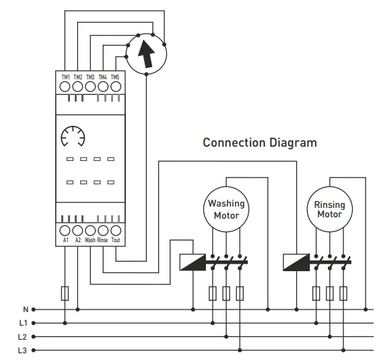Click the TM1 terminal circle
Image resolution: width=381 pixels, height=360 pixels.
(65, 87)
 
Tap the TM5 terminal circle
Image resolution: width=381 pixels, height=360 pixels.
(116, 87)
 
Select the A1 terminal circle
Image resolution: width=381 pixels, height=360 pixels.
(65, 231)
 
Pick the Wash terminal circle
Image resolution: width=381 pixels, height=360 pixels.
(90, 231)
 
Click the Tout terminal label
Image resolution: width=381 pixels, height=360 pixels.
(116, 240)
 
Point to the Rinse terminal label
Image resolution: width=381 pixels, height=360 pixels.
(102, 240)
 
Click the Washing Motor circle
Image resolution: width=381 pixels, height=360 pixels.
(226, 209)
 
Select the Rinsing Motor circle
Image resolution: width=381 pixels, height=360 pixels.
(330, 209)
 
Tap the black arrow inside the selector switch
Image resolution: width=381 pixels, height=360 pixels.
(147, 54)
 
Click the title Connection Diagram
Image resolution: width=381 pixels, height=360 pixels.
(260, 143)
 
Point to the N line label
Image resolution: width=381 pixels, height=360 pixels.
(26, 310)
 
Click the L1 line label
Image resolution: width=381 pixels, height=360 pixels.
(23, 323)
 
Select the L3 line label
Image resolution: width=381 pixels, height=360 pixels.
(22, 351)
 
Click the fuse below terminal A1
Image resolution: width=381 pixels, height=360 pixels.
(65, 293)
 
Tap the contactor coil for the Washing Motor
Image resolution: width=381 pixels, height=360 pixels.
(193, 262)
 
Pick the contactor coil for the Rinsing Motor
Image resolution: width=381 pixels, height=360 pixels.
(296, 262)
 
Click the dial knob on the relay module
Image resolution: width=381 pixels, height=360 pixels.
(73, 137)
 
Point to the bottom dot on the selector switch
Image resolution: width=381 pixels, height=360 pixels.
(146, 74)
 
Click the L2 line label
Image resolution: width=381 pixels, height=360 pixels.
(22, 336)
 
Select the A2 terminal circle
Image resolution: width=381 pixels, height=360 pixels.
(77, 231)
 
